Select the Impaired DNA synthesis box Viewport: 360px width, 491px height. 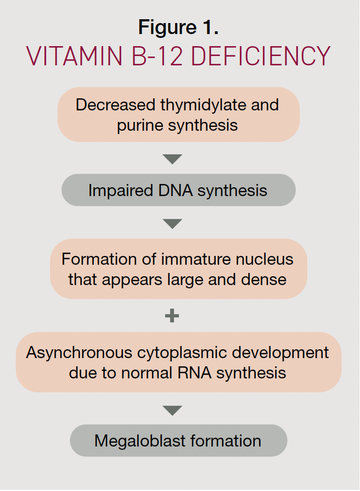pyautogui.click(x=178, y=190)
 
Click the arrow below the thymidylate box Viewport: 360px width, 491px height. pyautogui.click(x=172, y=159)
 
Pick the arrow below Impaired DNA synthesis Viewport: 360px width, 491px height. pyautogui.click(x=172, y=224)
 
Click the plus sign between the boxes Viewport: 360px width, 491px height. pyautogui.click(x=172, y=316)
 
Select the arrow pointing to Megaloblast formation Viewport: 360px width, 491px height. pyautogui.click(x=172, y=410)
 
